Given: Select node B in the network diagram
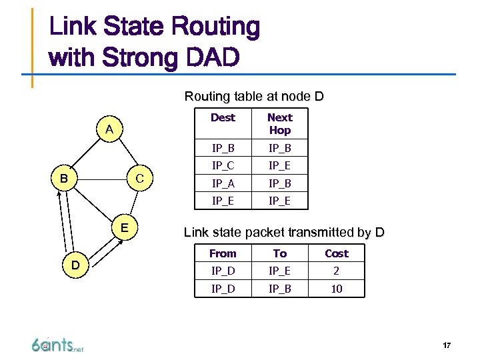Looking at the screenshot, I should tap(63, 179).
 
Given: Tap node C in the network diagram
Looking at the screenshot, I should tap(139, 179).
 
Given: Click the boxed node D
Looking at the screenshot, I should tap(76, 265).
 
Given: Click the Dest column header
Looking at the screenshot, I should tap(223, 117).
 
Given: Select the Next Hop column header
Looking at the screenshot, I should tap(279, 124).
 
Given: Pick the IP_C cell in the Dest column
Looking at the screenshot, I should tap(223, 165).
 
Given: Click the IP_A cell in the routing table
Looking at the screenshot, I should tap(223, 183).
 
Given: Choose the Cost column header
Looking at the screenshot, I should tap(336, 253).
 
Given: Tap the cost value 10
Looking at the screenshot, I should tap(336, 288).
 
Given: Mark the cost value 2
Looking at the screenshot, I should tap(336, 271).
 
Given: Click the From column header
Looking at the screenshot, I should tap(223, 253).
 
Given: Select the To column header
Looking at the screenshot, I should tap(279, 253).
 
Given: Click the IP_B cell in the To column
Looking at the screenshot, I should tap(279, 288).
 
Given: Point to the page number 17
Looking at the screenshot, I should tap(446, 345).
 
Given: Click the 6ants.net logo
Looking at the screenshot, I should tap(57, 345).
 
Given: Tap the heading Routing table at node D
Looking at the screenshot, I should tap(254, 97).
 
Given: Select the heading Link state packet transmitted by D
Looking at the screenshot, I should tap(284, 233).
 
